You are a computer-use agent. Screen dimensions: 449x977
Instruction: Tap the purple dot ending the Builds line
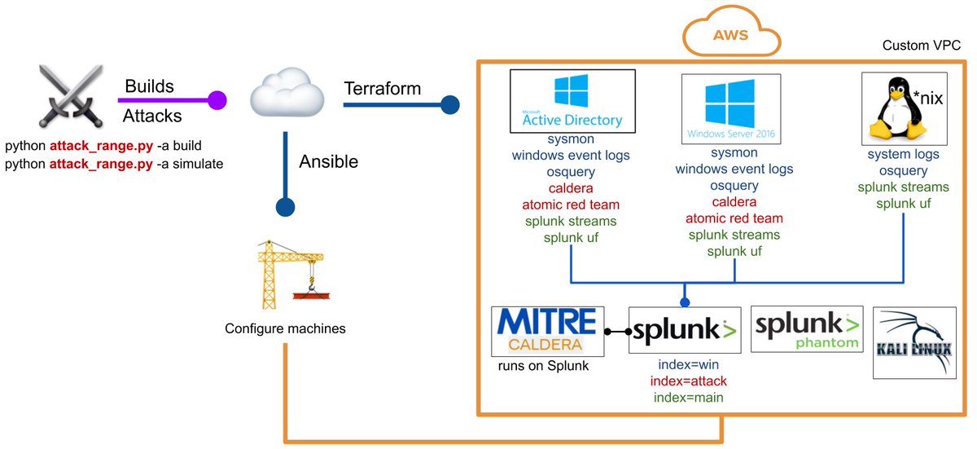217,100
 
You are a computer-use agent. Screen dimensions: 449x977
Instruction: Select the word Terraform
383,87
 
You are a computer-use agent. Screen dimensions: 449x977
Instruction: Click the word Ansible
329,161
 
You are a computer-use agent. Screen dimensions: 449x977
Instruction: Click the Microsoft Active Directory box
572,100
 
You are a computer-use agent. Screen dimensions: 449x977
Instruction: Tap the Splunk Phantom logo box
805,329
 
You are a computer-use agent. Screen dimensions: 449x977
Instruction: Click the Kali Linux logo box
913,342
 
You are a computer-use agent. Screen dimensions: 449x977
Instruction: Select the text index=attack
688,381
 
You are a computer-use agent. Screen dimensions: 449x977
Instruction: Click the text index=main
689,398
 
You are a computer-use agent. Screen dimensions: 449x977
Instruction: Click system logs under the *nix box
903,154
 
